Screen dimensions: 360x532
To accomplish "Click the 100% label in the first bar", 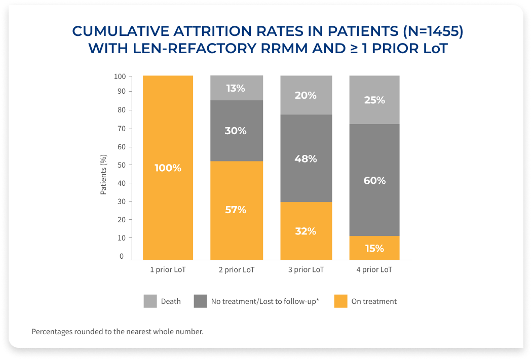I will [x=168, y=168].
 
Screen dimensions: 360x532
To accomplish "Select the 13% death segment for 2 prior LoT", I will [x=236, y=88].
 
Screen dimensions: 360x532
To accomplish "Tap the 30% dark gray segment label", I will [x=236, y=131].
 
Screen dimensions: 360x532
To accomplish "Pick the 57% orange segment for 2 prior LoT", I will [x=236, y=209].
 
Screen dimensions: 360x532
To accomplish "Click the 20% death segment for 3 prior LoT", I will [x=306, y=95].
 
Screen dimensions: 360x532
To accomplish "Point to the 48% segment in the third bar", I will [x=306, y=158].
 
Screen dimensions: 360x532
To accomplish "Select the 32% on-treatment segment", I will [x=306, y=231].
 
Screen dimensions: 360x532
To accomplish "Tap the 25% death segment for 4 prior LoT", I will [x=374, y=100].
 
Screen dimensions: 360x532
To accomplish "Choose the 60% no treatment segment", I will [x=374, y=180].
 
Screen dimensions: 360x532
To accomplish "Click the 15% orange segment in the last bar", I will [x=374, y=248].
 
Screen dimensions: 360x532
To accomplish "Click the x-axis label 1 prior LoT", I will [x=168, y=270].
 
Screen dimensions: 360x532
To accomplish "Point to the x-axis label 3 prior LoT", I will [x=306, y=270].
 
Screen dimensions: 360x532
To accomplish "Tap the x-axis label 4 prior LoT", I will [x=374, y=270].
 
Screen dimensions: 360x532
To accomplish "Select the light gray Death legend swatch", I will [x=150, y=301].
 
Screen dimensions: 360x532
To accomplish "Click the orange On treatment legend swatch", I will [x=340, y=301].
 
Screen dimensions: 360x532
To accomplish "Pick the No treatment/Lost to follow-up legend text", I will [x=264, y=301].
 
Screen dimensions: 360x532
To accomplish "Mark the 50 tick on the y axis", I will [x=121, y=165].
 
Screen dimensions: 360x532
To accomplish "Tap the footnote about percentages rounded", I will [x=117, y=332].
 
